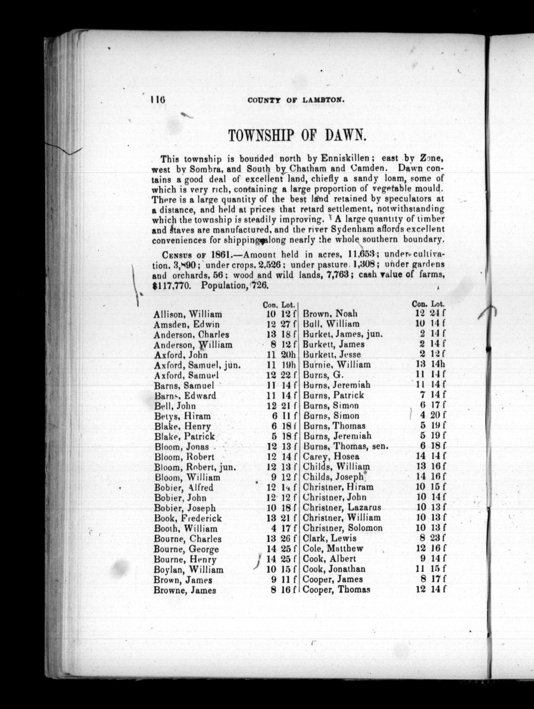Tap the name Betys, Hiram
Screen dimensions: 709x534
(x=182, y=416)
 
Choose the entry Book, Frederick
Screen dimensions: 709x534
(x=188, y=518)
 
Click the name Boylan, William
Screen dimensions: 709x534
(x=189, y=570)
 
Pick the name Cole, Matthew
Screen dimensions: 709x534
(x=333, y=548)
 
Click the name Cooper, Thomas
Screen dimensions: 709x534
(x=337, y=589)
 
